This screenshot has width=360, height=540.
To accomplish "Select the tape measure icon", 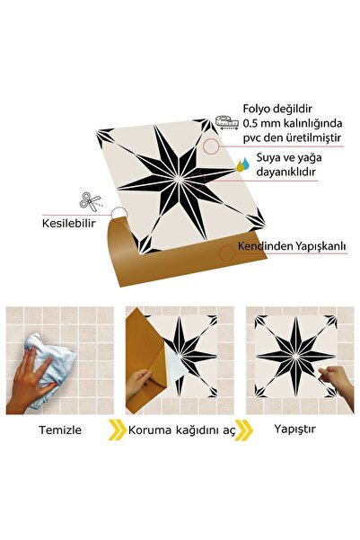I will click(226, 120).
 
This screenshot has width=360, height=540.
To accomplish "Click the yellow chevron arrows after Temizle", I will click(116, 429).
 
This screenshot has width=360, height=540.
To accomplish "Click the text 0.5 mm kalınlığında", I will click(293, 123).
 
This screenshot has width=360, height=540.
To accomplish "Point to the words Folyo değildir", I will click(285, 109).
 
